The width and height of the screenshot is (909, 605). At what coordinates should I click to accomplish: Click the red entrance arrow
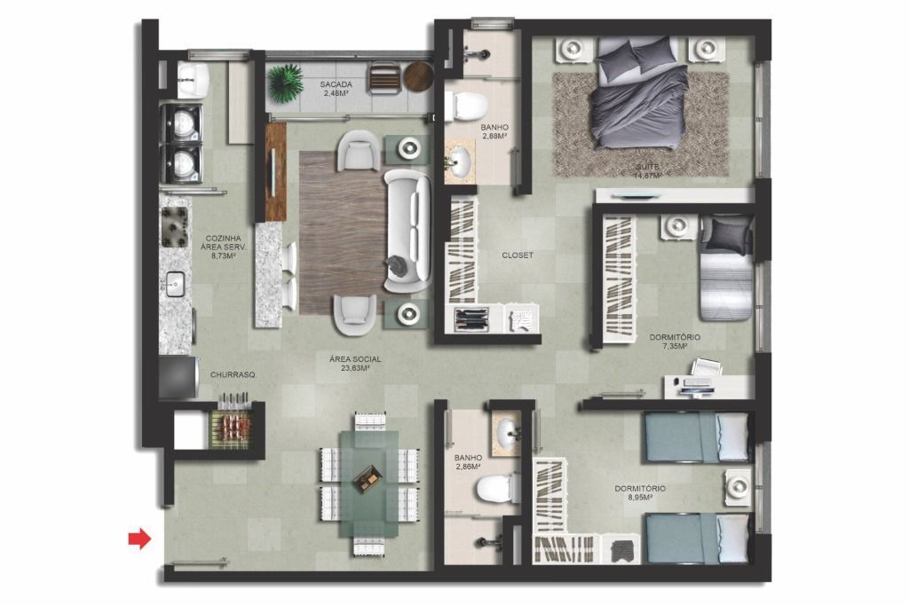click(x=139, y=539)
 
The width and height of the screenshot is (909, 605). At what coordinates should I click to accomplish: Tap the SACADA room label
click(x=336, y=84)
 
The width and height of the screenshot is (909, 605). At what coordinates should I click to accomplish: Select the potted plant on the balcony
click(x=285, y=82)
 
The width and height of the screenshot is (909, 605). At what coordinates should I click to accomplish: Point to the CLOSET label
click(x=518, y=255)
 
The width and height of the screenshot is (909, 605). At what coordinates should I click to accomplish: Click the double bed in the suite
click(x=637, y=94)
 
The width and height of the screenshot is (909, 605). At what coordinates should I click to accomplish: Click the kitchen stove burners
click(x=174, y=226)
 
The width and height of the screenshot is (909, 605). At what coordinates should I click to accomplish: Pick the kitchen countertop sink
click(x=175, y=284)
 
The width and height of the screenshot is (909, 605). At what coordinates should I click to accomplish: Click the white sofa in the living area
click(x=407, y=231)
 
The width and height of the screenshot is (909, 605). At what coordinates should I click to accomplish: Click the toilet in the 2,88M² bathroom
click(x=468, y=106)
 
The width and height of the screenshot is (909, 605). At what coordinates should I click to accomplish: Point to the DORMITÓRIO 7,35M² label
click(x=675, y=342)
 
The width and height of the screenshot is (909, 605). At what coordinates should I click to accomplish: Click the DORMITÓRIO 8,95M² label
click(x=640, y=492)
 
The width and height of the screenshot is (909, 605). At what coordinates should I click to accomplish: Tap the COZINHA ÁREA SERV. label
click(x=224, y=247)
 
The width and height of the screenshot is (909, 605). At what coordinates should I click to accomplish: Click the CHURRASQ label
click(x=233, y=375)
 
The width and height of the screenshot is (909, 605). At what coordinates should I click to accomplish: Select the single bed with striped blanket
click(x=726, y=267)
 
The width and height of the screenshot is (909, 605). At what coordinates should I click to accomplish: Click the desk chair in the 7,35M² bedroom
click(x=706, y=367)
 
